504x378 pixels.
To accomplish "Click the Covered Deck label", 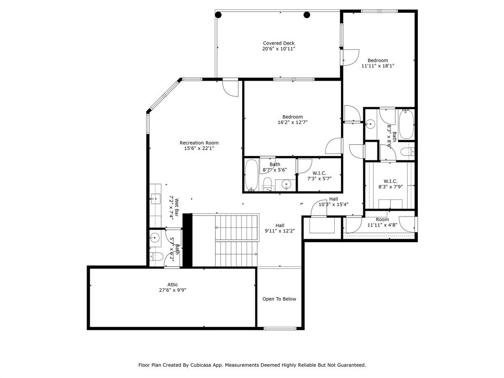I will click(278, 43).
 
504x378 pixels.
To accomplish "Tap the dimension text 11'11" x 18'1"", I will click(378, 65).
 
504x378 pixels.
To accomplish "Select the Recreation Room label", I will click(198, 143).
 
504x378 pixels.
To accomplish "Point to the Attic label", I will click(172, 284).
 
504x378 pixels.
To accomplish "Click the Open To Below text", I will click(279, 299).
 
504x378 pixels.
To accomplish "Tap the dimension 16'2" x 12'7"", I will click(292, 123).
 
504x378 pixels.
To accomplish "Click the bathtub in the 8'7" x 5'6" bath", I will click(251, 175).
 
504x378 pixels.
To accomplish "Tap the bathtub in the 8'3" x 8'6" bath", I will click(406, 124).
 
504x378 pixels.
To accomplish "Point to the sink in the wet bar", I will click(155, 198).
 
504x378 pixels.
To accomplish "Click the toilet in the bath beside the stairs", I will click(157, 256).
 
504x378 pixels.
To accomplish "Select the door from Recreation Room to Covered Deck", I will click(230, 88).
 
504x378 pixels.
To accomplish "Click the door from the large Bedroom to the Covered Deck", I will click(350, 57).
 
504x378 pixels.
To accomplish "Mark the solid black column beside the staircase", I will click(187, 240).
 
